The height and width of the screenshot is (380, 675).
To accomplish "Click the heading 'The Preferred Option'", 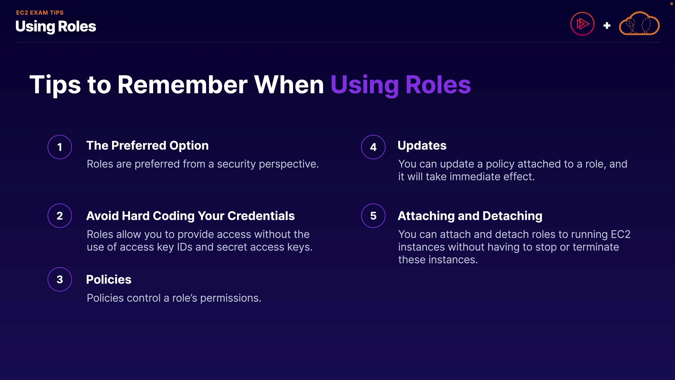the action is coord(147,146).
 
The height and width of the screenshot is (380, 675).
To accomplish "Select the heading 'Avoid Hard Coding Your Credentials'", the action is coord(191,216).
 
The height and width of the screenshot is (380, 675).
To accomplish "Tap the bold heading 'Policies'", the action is coord(109,279).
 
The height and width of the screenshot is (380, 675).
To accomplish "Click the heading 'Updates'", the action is coord(422,146).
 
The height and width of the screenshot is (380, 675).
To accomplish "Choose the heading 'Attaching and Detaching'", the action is coord(470,216).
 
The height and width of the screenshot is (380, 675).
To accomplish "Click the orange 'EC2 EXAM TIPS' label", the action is coord(40,13).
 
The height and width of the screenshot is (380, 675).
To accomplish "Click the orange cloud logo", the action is coord(639,24).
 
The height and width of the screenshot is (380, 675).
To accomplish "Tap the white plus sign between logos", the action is coord(607,26).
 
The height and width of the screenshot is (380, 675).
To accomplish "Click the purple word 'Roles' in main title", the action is coord(438,85).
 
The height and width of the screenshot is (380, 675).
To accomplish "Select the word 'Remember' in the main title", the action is coord(182,85).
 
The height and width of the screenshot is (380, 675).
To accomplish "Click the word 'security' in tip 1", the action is coord(236,164).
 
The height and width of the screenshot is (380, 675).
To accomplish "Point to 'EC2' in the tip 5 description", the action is coord(621,234).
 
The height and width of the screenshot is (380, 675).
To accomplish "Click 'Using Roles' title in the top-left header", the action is coord(56,27).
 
